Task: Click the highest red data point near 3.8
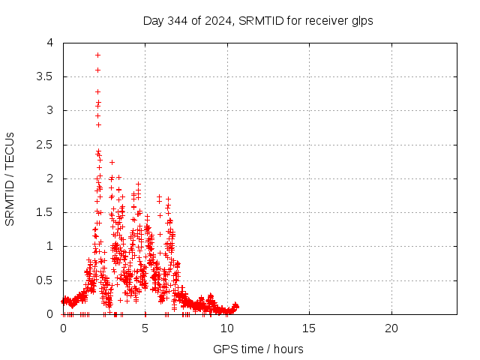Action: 97,55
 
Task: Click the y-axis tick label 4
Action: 49,43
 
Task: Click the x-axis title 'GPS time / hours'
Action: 258,349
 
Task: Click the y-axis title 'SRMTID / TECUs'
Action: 10,178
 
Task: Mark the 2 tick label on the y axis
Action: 49,178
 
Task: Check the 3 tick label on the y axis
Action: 49,110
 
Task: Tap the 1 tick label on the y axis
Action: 49,246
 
